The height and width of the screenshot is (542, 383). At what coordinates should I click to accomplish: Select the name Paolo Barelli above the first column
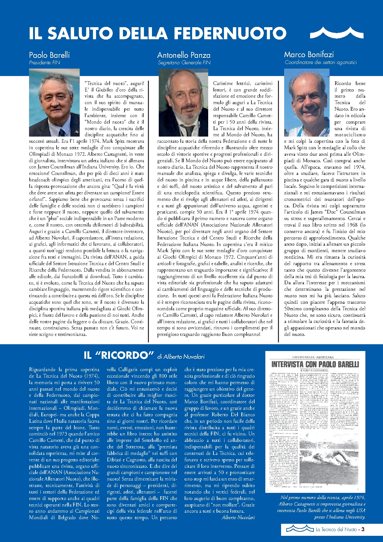(x=49, y=55)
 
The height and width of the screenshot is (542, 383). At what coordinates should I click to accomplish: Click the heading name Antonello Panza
(x=184, y=55)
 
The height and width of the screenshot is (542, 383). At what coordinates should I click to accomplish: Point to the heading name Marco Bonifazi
(x=309, y=55)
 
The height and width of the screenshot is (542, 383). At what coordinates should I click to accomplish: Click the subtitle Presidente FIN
(x=44, y=63)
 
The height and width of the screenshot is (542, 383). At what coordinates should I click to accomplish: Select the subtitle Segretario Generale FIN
(x=184, y=63)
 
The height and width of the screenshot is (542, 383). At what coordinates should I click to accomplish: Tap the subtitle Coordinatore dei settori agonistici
(x=321, y=62)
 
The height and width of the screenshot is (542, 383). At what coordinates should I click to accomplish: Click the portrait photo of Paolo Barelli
(x=54, y=103)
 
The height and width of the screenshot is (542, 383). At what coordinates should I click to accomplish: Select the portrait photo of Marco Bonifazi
(x=307, y=103)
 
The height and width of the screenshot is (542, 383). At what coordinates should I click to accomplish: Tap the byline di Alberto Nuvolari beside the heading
(x=181, y=357)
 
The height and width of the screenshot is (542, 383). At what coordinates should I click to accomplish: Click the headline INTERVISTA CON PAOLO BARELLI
(x=315, y=364)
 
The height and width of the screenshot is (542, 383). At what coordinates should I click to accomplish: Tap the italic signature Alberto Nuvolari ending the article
(x=238, y=517)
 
